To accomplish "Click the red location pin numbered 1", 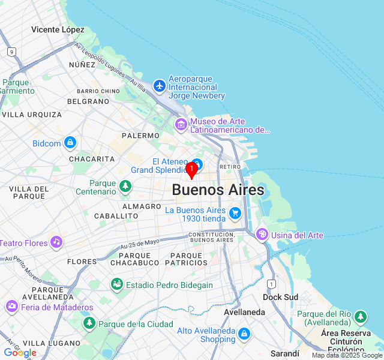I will tap(191, 170).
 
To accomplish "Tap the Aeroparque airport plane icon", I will tap(159, 86).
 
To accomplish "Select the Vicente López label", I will tap(58, 29).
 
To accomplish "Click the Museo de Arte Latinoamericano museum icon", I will tap(181, 125).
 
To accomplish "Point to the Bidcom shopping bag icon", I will tap(71, 143).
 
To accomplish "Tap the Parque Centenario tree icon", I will tap(125, 187).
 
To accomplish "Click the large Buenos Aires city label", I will tap(218, 190).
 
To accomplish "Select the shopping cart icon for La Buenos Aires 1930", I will tap(235, 213).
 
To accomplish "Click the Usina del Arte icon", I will tap(262, 235).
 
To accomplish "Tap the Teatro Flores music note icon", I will tap(56, 242).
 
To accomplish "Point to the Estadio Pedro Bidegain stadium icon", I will tap(117, 285).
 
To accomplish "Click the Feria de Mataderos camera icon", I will tap(12, 307).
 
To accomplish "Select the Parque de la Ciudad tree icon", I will tap(89, 324).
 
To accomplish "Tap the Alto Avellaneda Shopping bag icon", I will tap(244, 334).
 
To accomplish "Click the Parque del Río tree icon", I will tap(360, 317).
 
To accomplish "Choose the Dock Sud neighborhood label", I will tap(280, 297).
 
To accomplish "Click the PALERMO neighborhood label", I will tap(140, 136).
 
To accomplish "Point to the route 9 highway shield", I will tap(11, 52).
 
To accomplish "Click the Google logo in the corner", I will tap(20, 353).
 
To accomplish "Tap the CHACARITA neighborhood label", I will tap(92, 159).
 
